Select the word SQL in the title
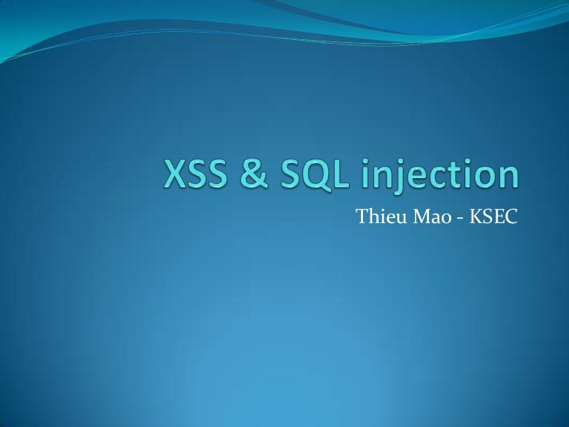314,175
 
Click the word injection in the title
439,176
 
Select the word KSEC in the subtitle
493,216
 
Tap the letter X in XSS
176,174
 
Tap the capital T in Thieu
364,216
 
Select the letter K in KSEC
476,216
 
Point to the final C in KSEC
510,216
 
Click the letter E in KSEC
498,216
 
